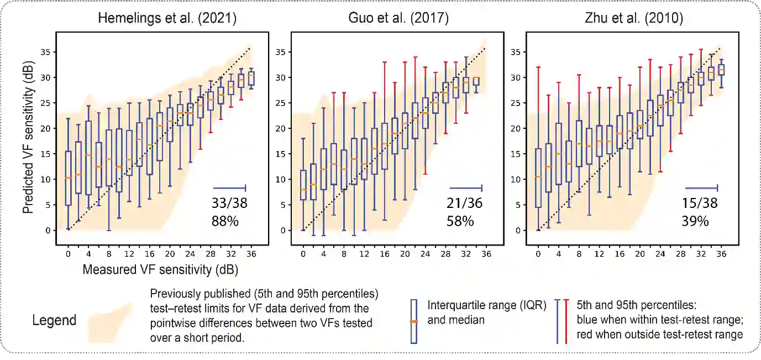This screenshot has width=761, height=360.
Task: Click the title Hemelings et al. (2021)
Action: point(167,18)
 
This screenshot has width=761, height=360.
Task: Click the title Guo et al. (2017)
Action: point(398,18)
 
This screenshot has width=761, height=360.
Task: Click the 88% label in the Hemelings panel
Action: point(224,221)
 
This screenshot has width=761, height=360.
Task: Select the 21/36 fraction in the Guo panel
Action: point(464,204)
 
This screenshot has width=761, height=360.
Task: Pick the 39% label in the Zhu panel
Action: point(695,221)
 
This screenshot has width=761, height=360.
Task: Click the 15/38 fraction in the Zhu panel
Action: point(700,204)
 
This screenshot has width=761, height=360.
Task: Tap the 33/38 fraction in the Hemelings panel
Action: point(229,203)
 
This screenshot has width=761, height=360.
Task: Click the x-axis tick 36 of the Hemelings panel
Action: point(251,254)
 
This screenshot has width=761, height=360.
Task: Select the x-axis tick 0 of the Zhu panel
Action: point(539,254)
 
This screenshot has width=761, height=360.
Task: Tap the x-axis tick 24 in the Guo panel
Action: point(425,254)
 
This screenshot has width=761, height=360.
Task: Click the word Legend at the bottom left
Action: point(54,321)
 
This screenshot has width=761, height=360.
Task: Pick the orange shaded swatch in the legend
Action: point(111,321)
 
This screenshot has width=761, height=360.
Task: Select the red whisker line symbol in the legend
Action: point(566,321)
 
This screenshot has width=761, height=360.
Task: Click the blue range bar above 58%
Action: point(466,186)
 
